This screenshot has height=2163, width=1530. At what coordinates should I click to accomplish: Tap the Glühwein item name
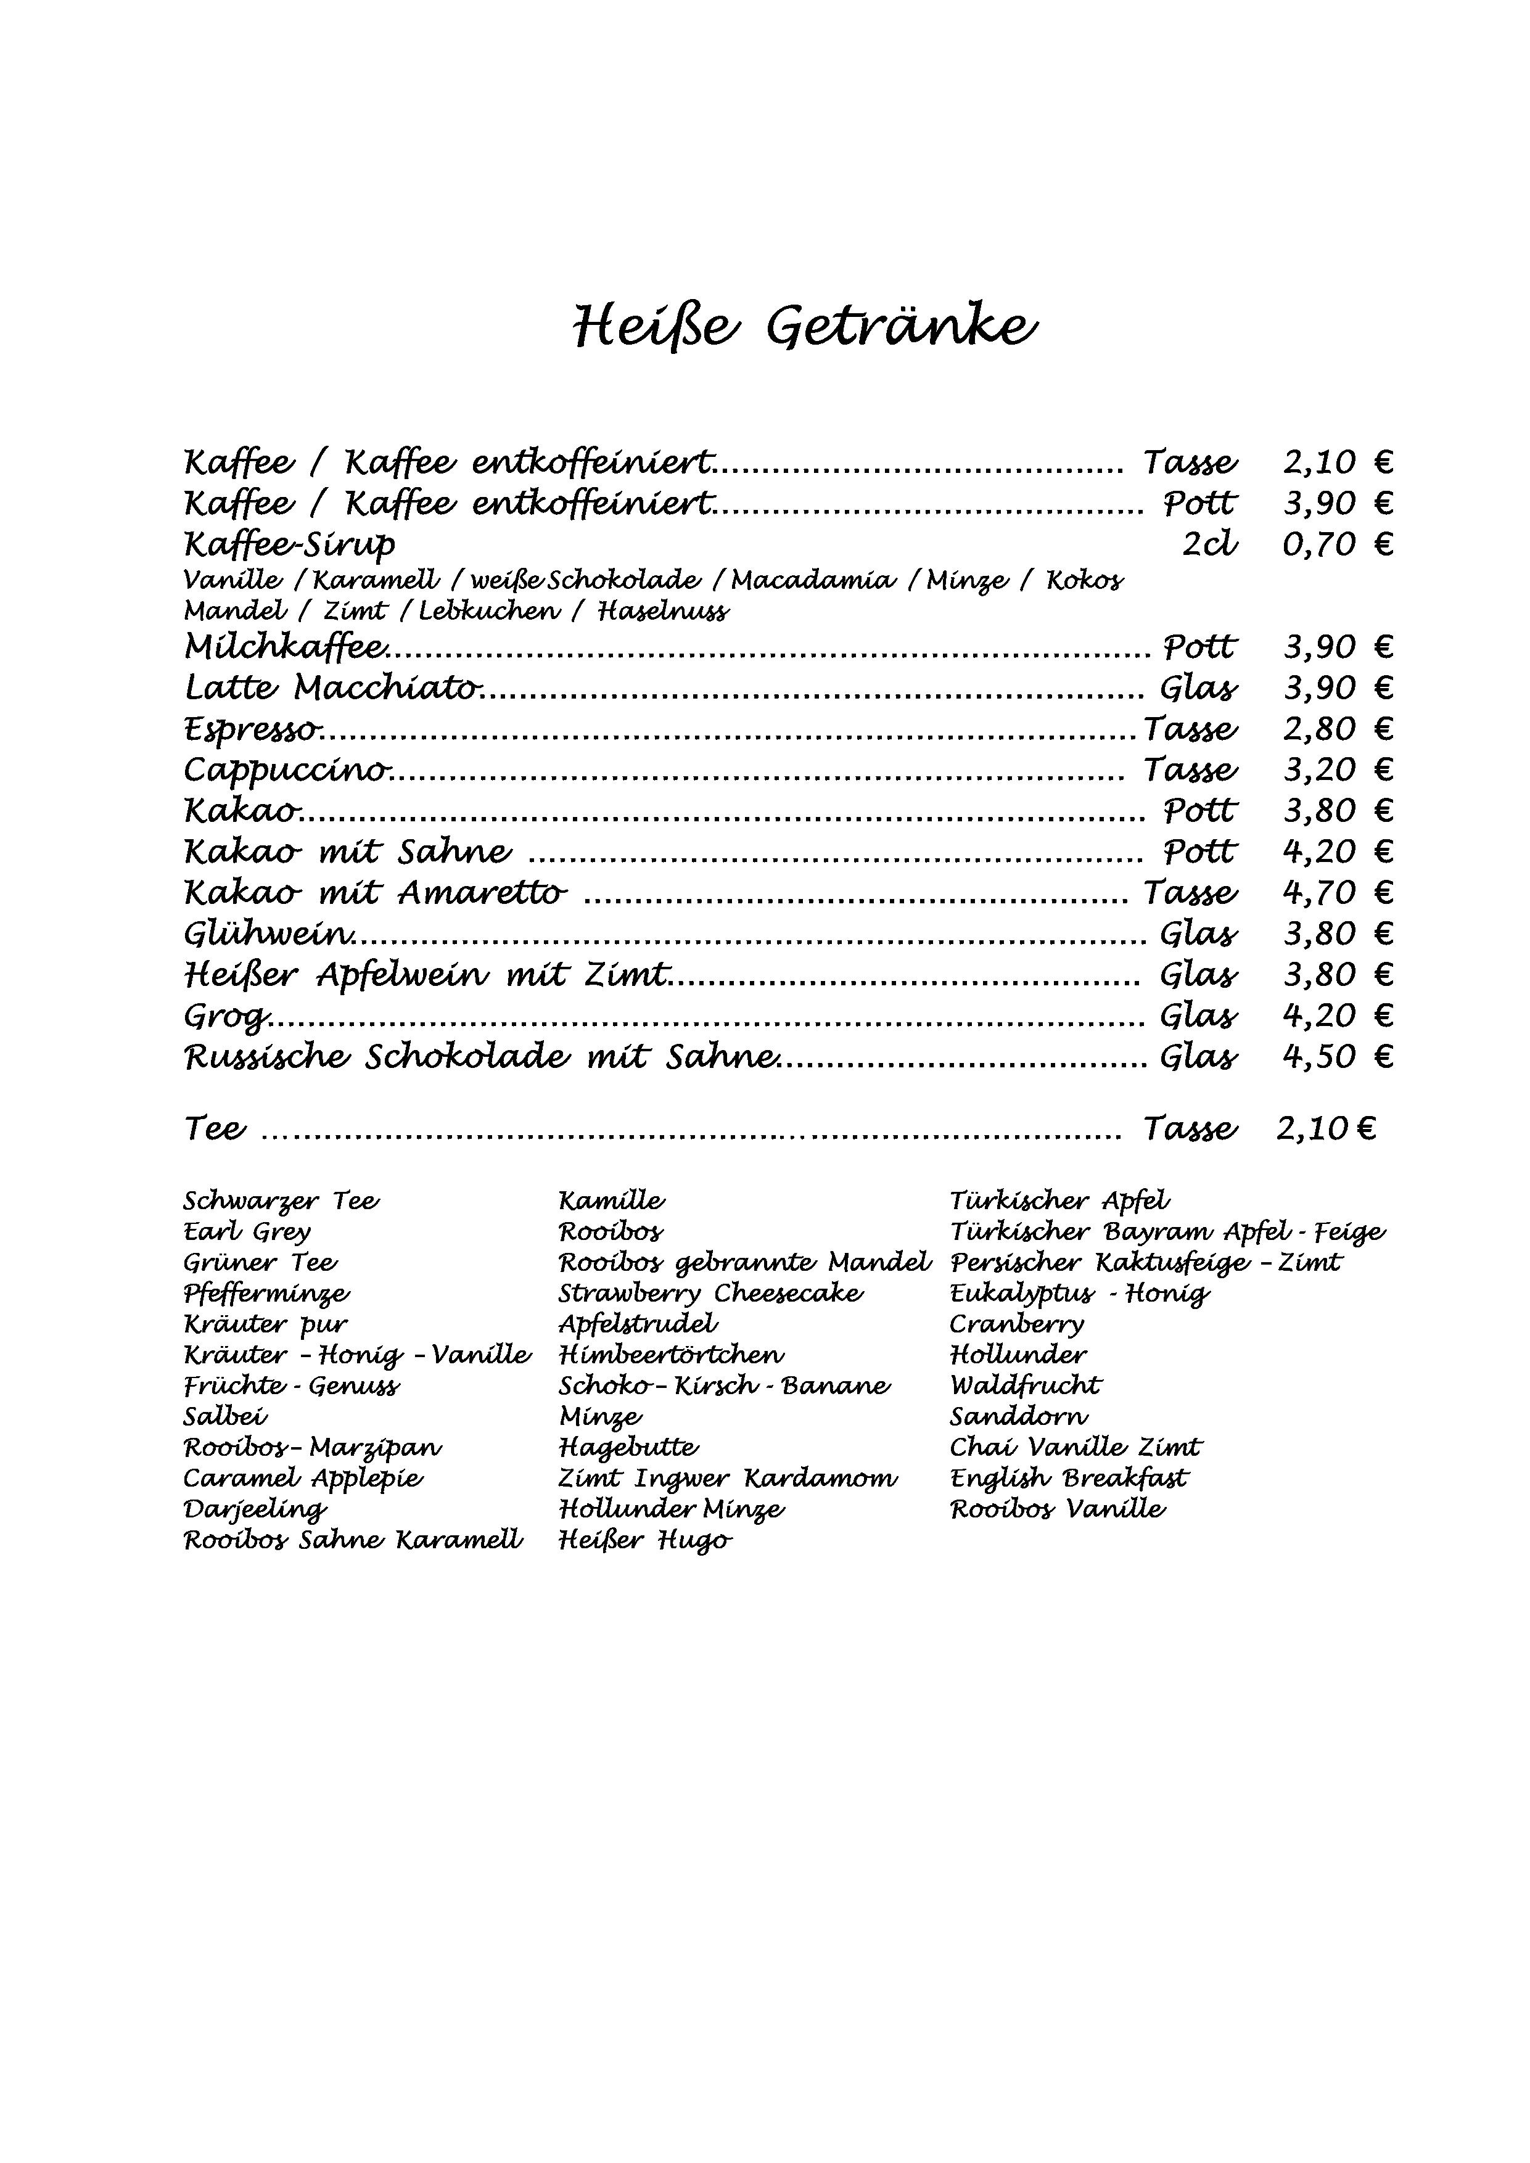(269, 934)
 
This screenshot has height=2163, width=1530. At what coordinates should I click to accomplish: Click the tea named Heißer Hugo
(645, 1540)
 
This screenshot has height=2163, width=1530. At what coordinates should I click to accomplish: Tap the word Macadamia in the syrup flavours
(813, 580)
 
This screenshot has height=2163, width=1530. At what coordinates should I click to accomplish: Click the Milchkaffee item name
(286, 647)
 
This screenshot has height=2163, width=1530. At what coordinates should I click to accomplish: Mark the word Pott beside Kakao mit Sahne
(1199, 852)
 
